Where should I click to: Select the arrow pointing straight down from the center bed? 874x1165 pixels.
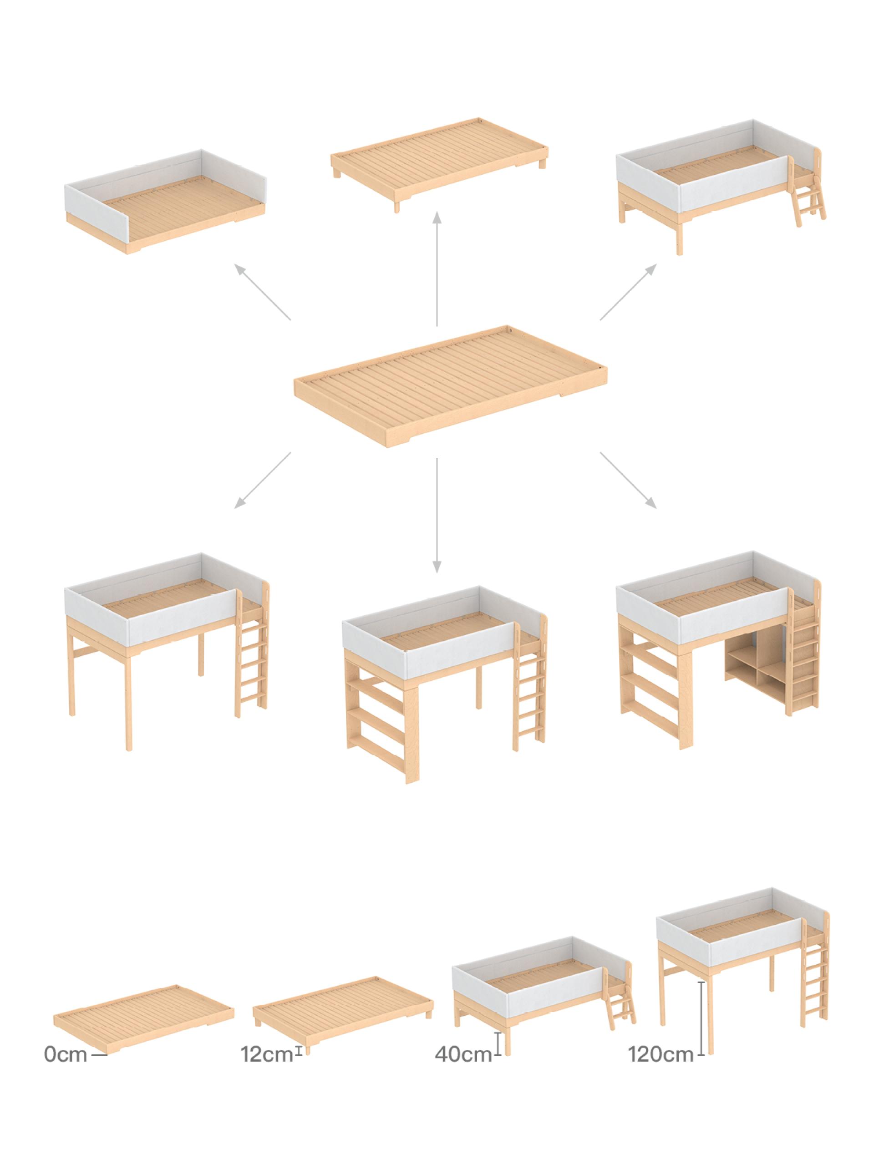tap(436, 515)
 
